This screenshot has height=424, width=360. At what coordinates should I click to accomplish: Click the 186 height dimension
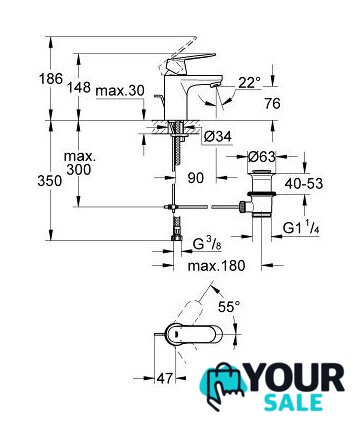pos(51,79)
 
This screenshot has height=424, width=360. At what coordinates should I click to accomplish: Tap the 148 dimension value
pos(79,88)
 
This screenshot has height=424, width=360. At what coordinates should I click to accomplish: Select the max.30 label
pos(120,91)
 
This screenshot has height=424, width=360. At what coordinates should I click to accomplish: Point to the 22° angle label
pos(249,82)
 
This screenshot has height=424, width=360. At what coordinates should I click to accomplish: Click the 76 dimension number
pos(272,103)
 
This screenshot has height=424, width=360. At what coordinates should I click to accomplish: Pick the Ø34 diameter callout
pos(217,137)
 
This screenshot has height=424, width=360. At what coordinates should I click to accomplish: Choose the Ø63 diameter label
pos(262,156)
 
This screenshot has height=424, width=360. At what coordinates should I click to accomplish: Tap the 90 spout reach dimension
pos(195,178)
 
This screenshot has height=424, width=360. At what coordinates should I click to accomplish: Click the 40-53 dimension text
pos(304,183)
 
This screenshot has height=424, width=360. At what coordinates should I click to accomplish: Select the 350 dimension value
pos(50,181)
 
